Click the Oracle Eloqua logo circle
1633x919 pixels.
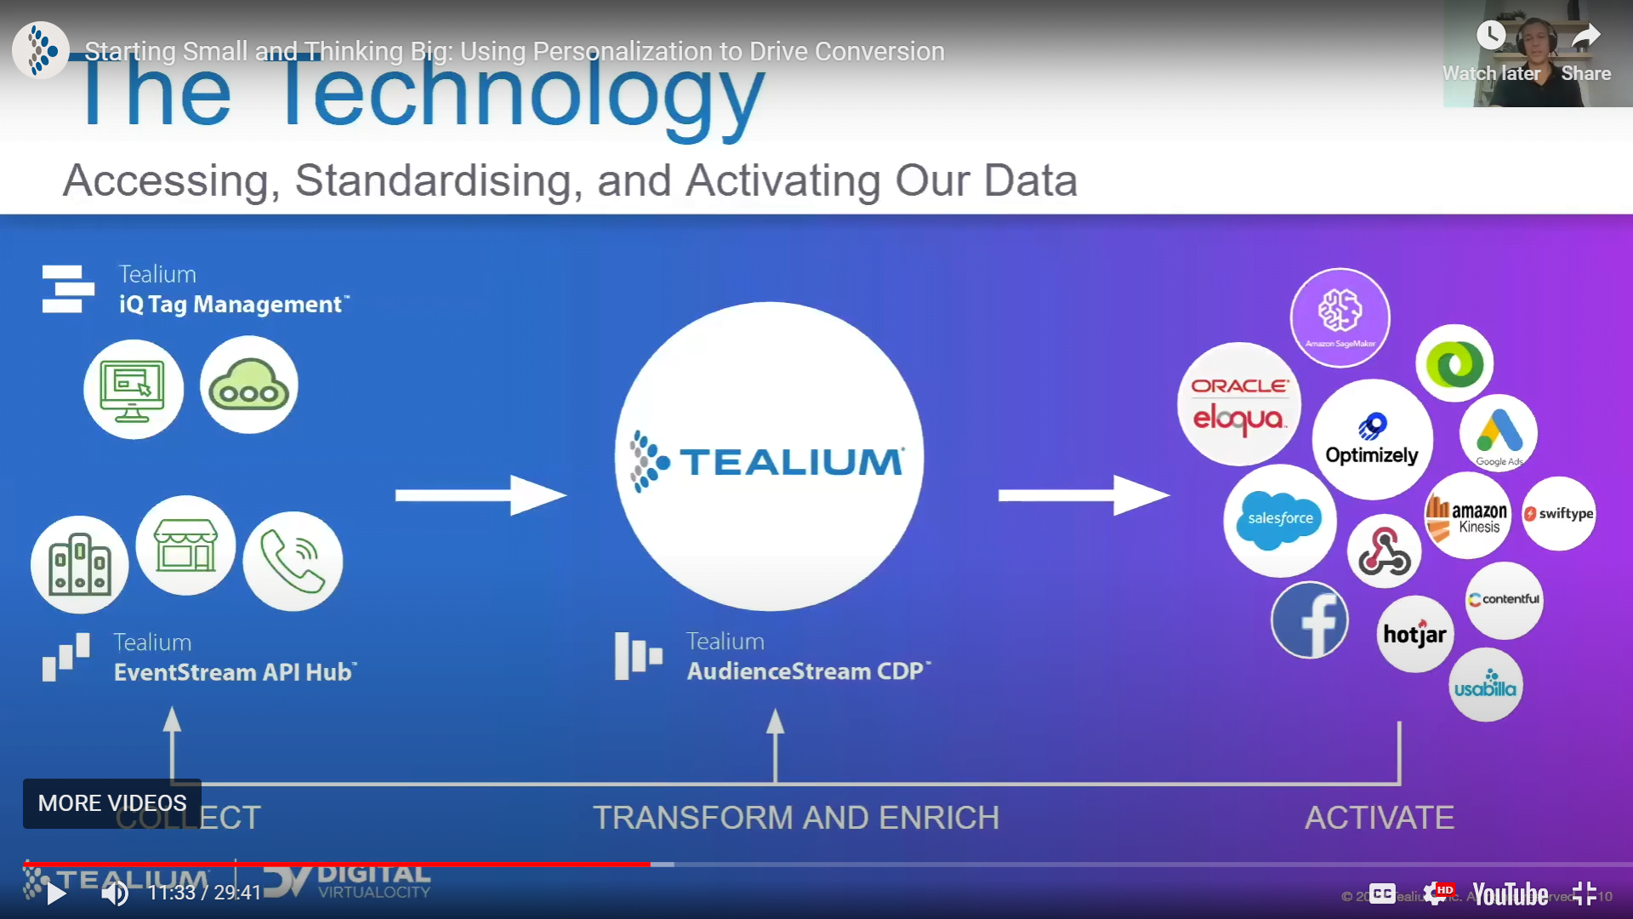[1238, 404]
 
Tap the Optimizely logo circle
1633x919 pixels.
[1372, 439]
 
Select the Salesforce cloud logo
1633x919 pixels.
[1279, 520]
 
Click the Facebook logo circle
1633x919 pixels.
[1310, 620]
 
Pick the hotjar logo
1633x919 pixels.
[1414, 634]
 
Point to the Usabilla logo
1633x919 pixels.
[1485, 685]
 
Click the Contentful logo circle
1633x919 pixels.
[1504, 600]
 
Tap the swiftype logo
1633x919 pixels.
[1558, 514]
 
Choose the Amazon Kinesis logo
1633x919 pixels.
[1467, 516]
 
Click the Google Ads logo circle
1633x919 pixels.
[1499, 433]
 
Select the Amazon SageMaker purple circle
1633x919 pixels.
[1340, 317]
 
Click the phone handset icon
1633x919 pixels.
[293, 561]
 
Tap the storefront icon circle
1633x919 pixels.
[185, 545]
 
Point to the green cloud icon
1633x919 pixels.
[248, 385]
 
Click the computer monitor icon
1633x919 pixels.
[133, 390]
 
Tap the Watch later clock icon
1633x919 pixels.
[1491, 36]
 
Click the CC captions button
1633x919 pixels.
[1382, 893]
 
